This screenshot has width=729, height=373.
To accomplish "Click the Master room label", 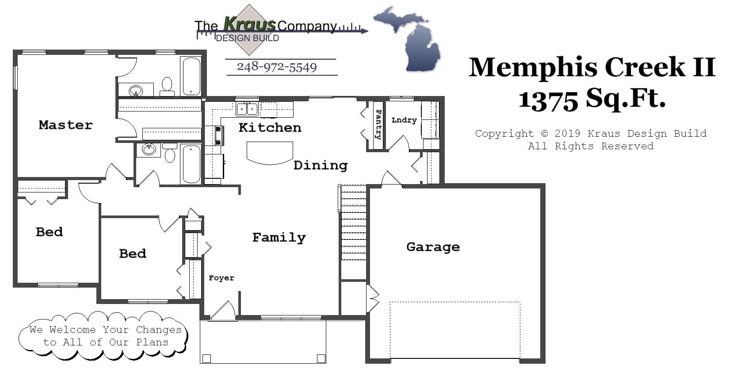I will [66, 125].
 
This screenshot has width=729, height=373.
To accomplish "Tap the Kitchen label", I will [270, 128].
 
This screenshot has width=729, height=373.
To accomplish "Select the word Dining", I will [321, 165].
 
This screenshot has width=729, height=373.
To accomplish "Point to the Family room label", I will [279, 238].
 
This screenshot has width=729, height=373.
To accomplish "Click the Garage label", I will [433, 247].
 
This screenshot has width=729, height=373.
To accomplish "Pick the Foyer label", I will [221, 278].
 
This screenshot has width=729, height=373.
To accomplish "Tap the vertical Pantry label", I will [378, 125].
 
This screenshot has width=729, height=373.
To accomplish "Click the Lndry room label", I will [404, 120].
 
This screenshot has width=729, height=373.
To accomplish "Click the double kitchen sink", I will [247, 109].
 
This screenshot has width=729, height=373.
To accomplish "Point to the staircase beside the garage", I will [353, 223].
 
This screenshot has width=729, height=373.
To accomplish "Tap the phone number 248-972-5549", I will [277, 67].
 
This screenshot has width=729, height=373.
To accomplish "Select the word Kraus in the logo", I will [250, 24].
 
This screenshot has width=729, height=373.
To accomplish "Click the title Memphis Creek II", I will [592, 67].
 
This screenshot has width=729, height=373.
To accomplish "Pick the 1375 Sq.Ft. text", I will [592, 98].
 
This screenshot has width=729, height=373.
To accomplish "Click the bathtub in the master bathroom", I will [191, 76].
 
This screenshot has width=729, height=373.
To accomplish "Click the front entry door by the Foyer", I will [224, 311].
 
